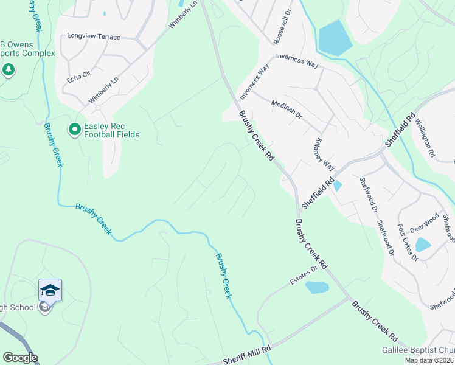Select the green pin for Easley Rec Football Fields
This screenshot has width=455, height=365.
(x=74, y=130)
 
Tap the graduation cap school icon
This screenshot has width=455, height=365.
(x=50, y=290)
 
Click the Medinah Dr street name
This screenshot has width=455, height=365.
(x=287, y=109)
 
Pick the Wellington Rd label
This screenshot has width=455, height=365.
(x=425, y=139)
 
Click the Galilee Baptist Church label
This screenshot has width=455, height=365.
(x=418, y=350)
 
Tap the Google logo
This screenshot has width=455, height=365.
(x=19, y=358)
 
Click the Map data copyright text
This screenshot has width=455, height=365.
(x=429, y=360)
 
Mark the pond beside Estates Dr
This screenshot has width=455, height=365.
(x=316, y=287)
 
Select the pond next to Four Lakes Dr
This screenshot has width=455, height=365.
(x=422, y=245)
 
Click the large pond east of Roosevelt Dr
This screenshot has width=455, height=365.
(x=334, y=37)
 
